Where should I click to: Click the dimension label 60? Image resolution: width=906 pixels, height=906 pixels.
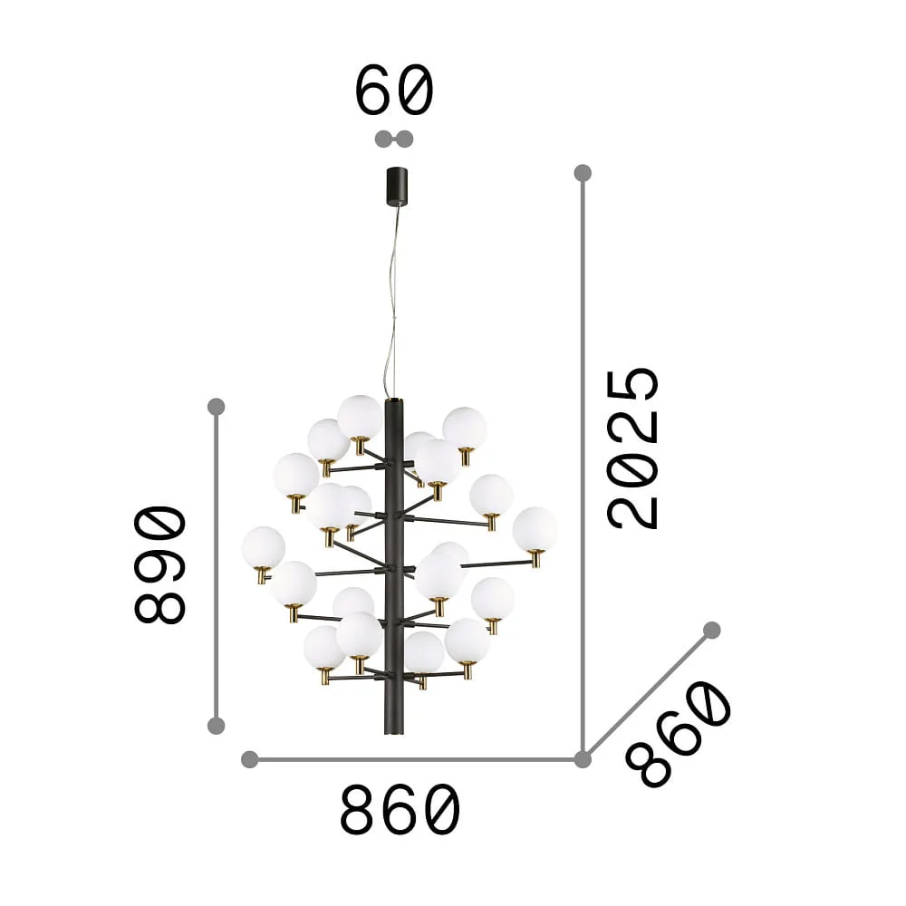393,90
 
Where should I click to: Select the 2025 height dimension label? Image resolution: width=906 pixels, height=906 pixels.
632,448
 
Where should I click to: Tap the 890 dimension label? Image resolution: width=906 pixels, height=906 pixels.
160,565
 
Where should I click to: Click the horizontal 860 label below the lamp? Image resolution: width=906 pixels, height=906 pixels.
400,810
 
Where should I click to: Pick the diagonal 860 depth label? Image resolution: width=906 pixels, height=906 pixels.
679,735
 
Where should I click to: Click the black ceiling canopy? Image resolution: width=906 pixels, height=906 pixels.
397,186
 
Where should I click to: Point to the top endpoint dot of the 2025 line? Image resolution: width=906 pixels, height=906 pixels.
583,173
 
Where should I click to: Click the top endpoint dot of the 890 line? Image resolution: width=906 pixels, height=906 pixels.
217,406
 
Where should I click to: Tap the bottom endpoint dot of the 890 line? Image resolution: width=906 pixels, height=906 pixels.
217,725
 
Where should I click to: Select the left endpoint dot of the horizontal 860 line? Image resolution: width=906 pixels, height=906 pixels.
250,759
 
